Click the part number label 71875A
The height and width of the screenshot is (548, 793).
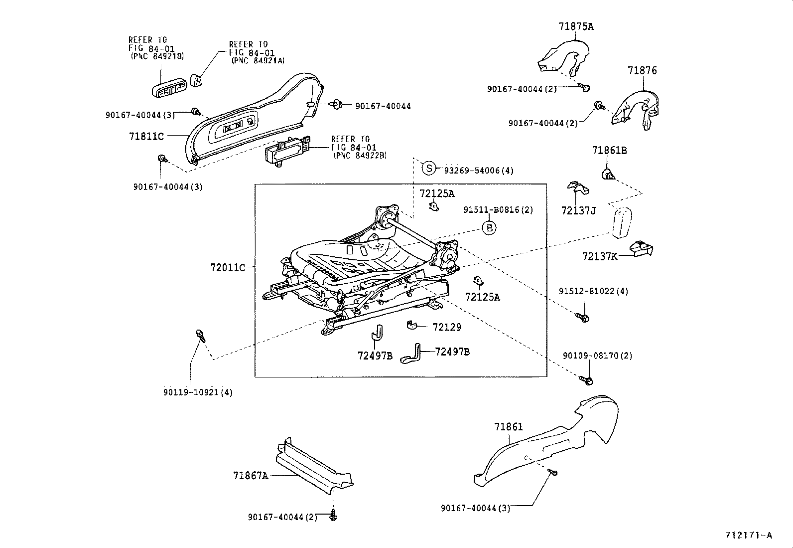click(x=576, y=27)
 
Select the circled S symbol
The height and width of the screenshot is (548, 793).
click(x=429, y=168)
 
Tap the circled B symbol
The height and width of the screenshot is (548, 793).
click(x=490, y=228)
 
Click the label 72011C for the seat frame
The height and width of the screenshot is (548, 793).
click(x=228, y=268)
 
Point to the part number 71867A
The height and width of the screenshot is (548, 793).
click(x=251, y=476)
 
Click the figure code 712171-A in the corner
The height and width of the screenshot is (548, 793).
click(x=749, y=536)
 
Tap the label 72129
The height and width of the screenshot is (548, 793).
click(x=447, y=328)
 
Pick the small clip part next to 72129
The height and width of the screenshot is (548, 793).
click(x=412, y=325)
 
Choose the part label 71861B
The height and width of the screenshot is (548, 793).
click(x=609, y=151)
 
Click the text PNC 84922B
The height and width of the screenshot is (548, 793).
click(x=360, y=156)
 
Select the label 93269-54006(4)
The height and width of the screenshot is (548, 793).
click(x=478, y=171)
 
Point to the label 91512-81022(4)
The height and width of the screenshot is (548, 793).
click(x=593, y=291)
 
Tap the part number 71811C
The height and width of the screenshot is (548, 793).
click(x=146, y=136)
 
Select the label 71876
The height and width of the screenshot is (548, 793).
click(x=642, y=71)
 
